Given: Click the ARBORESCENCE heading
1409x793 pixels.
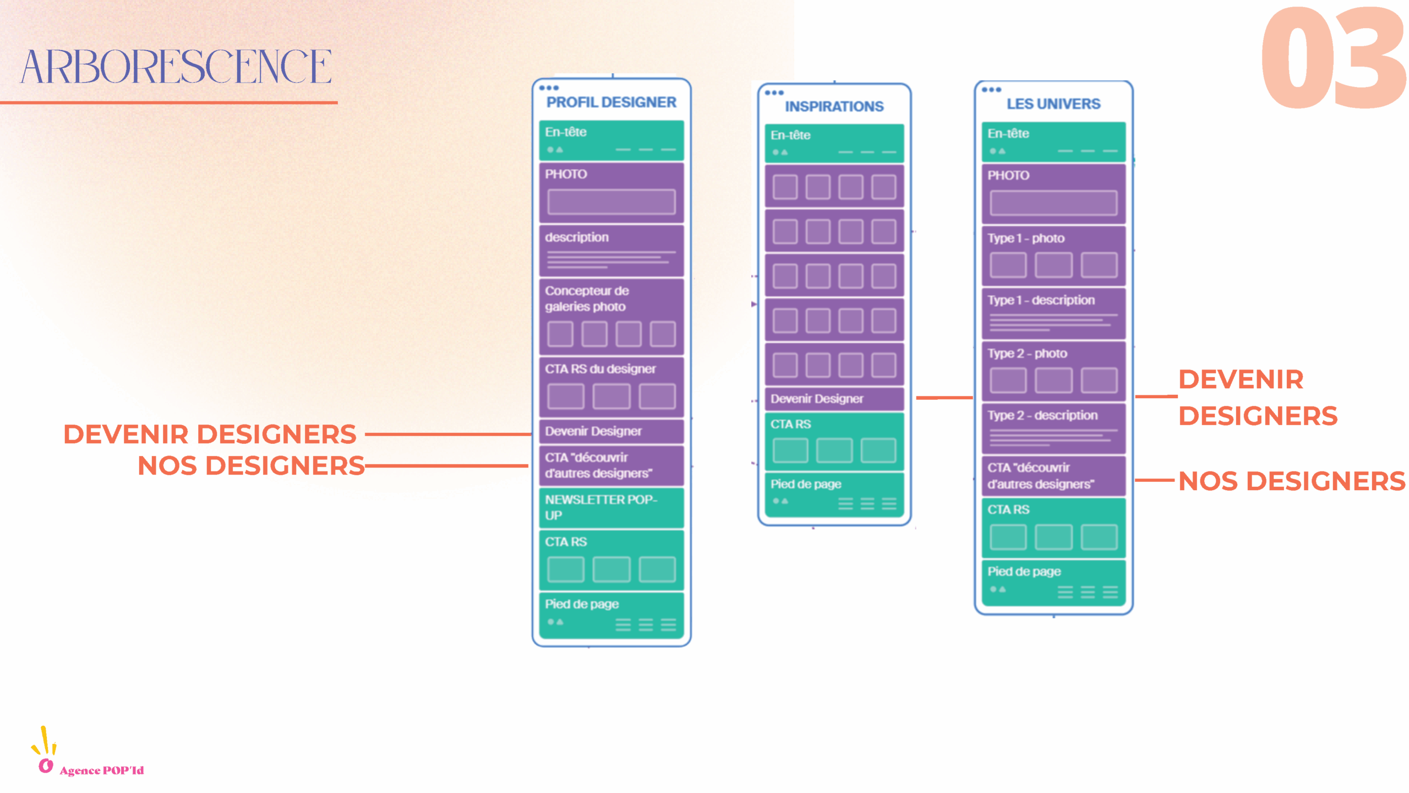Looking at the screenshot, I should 176,67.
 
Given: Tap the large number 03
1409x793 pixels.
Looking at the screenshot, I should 1332,58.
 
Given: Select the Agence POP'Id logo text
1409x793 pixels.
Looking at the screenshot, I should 102,770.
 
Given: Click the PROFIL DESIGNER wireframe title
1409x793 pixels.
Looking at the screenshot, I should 611,102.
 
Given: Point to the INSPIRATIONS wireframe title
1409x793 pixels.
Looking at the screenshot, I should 834,106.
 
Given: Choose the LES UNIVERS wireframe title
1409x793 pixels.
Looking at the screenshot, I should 1053,104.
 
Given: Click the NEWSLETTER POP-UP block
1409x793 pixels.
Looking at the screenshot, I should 611,507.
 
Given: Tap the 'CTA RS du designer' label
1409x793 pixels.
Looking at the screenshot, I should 600,369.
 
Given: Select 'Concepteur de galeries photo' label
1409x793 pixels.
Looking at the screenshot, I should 587,298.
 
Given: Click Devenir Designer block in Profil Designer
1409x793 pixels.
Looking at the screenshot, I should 611,431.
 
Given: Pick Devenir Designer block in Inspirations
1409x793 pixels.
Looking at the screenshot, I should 834,399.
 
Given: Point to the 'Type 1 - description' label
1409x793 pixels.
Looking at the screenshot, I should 1041,300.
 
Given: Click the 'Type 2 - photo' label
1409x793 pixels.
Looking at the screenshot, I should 1027,354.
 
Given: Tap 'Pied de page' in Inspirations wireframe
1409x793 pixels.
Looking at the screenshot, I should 806,484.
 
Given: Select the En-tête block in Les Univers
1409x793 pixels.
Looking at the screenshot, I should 1053,142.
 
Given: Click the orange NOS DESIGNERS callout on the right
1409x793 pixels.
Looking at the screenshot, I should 1291,481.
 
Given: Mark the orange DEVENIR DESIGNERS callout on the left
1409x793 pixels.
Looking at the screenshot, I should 210,434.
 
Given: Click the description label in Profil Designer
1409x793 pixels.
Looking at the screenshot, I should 577,237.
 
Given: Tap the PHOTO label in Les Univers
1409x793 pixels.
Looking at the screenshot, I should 1008,176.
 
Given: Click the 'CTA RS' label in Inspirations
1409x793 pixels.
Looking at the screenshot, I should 790,424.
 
